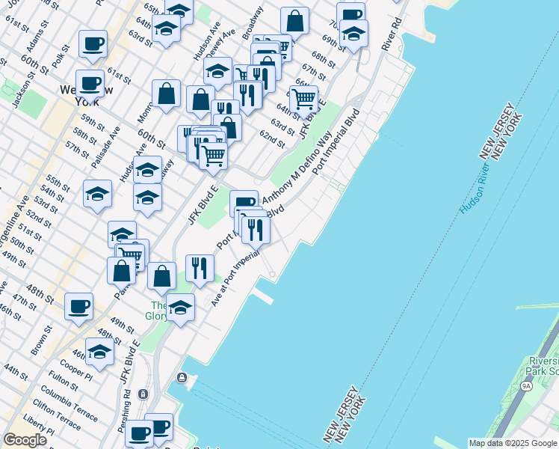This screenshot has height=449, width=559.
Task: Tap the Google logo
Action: click(25, 440)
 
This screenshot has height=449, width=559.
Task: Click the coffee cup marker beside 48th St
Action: click(78, 306)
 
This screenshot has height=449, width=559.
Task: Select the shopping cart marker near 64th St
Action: click(303, 98)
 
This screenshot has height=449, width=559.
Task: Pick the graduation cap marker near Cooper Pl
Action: click(99, 351)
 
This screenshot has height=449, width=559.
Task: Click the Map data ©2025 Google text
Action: click(513, 443)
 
